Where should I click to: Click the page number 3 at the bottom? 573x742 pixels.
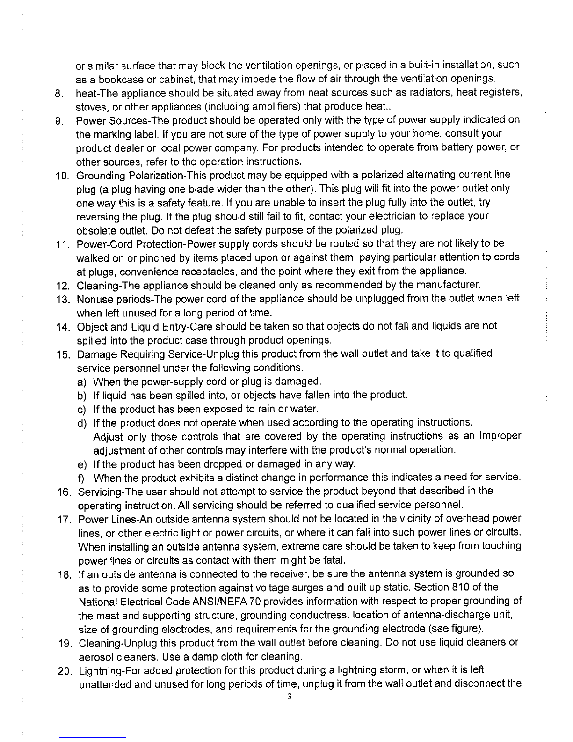click(290, 697)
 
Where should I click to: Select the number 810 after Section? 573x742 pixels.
click(461, 587)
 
